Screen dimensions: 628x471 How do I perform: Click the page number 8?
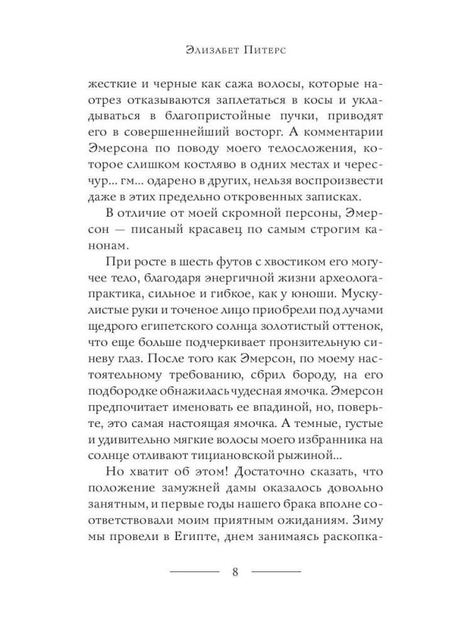pyautogui.click(x=235, y=572)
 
